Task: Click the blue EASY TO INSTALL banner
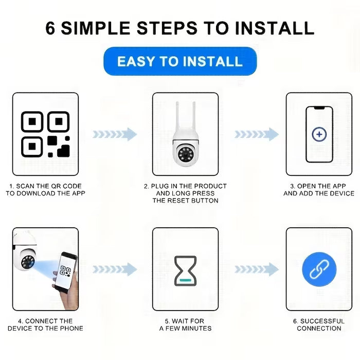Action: coord(180,61)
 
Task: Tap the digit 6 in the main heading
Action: coord(50,28)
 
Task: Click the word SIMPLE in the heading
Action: coord(96,28)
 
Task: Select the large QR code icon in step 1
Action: coord(45,134)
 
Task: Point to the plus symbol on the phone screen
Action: coord(319,134)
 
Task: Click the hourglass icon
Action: coord(185,271)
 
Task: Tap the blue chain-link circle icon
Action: coord(319,269)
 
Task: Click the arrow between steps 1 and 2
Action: coord(115,134)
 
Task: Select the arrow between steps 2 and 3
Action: coord(257,134)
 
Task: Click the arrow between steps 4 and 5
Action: coord(115,269)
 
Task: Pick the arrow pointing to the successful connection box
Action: coord(257,269)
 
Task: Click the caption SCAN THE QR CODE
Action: coord(49,186)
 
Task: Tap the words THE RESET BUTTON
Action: coord(185,201)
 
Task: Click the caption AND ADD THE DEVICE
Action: coord(319,193)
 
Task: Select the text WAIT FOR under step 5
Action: coord(188,321)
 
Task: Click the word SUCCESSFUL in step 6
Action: coord(322,321)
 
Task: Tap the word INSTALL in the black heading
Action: coord(274,28)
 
